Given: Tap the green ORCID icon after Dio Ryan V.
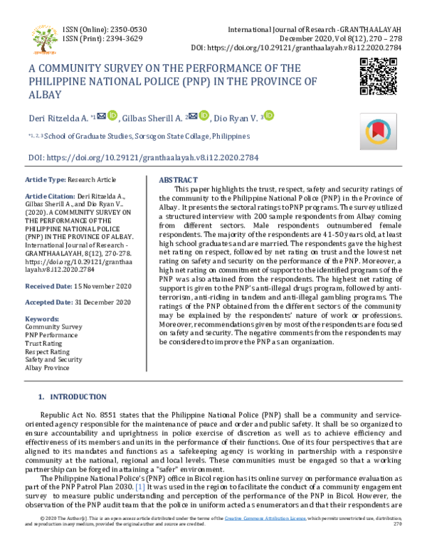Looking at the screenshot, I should pyautogui.click(x=270, y=115).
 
